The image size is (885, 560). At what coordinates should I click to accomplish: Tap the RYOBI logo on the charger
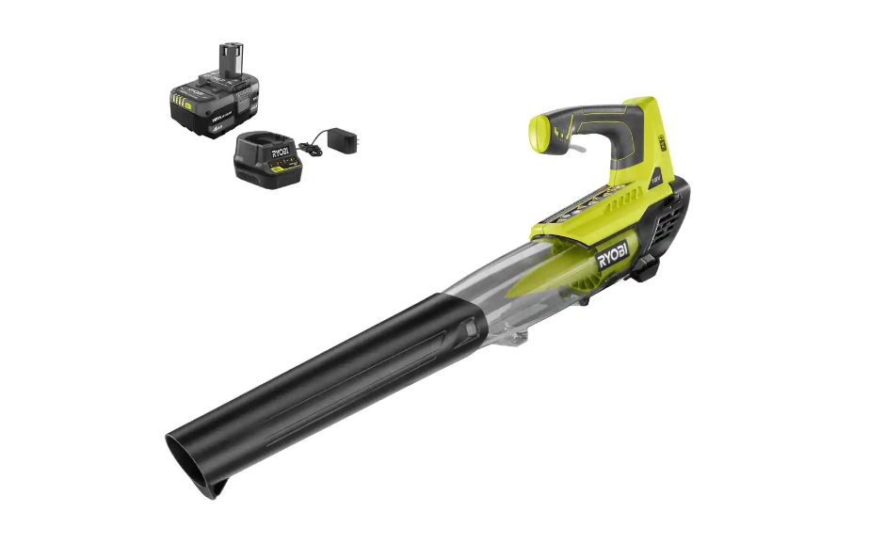(279, 151)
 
